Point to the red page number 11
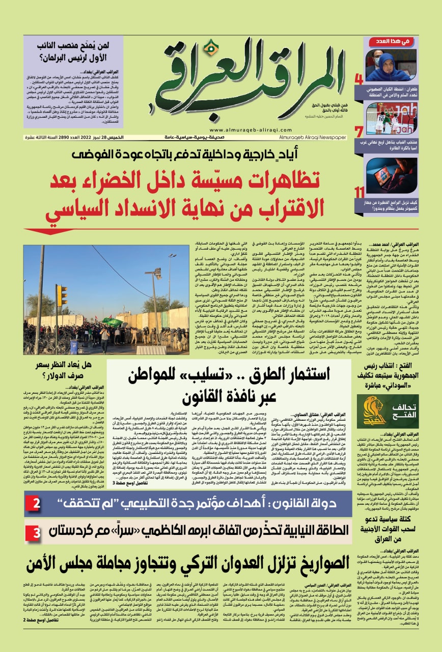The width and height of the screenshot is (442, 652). [x=360, y=192]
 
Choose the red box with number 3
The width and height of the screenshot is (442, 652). [x=37, y=532]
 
